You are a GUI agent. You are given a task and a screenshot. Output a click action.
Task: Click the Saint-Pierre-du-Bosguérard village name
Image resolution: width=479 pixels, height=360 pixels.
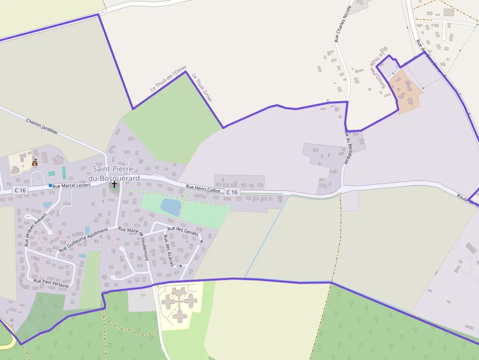coord(116,173)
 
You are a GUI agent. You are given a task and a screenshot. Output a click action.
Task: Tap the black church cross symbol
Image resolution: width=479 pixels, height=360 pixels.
coord(114,184)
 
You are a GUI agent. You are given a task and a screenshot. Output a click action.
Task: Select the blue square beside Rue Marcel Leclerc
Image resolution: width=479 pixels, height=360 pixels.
coord(50,186)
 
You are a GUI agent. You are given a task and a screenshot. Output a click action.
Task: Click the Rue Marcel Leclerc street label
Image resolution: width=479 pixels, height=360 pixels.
coord(71,186)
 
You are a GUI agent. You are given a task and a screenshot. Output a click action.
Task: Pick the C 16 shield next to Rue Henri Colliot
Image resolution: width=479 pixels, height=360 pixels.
coord(232,192)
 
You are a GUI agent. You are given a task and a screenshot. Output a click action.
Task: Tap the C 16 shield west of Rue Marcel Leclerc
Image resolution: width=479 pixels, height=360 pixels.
coord(20,190)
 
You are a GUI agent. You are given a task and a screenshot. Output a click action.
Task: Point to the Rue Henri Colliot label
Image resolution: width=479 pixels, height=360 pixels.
coord(203,188)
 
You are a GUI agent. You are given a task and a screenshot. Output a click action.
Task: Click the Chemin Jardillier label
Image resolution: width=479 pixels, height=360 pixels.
coord(42,126)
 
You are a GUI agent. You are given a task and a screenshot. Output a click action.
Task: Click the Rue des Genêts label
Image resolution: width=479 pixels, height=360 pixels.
coord(183,232)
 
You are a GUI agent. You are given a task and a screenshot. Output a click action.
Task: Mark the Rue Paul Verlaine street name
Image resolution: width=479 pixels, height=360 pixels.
coord(51,282)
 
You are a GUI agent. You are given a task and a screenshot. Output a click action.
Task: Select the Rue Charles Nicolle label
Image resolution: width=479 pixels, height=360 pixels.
coord(343,24)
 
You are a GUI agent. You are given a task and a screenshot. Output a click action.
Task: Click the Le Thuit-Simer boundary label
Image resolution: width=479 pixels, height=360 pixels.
coord(202,88)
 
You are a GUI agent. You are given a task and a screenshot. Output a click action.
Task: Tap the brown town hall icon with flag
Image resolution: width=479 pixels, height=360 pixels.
coord(35,162)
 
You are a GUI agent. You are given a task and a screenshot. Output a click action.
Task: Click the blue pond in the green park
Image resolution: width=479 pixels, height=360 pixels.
coord(171,207)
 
